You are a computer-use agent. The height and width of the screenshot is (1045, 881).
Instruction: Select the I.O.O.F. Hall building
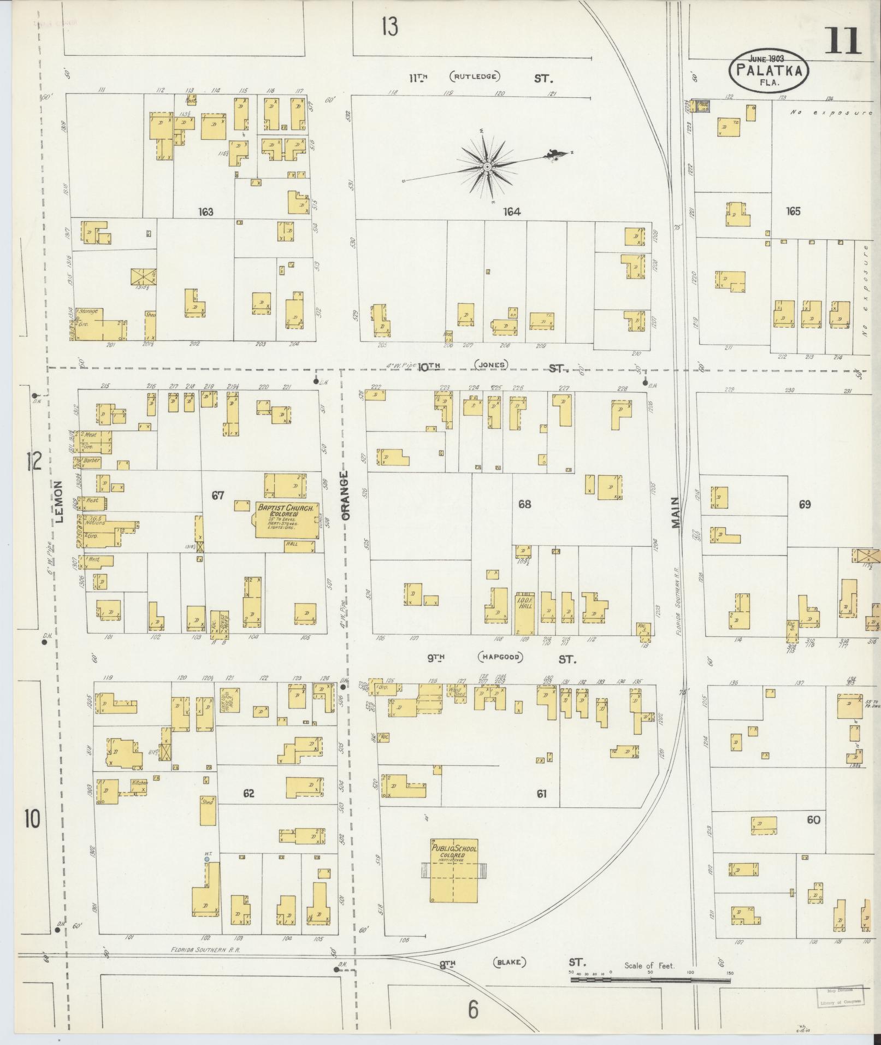(525, 611)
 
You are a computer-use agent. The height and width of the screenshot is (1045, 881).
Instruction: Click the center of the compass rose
(486, 165)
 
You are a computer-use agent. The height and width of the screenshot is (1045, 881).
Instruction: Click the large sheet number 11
(842, 42)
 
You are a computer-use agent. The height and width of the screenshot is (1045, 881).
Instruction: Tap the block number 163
(206, 212)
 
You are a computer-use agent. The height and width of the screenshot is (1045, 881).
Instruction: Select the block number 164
(512, 212)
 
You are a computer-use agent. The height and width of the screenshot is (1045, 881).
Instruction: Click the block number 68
(524, 504)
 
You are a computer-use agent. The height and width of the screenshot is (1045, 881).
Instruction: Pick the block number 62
(249, 793)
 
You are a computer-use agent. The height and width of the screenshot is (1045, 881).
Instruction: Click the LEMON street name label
(60, 501)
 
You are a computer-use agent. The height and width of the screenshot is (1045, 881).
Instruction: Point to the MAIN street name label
(676, 512)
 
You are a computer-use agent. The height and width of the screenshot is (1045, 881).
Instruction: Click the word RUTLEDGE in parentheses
(475, 76)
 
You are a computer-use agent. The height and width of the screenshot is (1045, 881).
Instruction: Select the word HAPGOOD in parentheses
(501, 657)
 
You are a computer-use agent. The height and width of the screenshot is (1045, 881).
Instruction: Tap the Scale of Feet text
(649, 965)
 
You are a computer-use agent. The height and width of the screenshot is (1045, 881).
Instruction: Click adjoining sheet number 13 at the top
(389, 26)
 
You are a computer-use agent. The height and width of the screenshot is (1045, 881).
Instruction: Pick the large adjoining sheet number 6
(472, 1010)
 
